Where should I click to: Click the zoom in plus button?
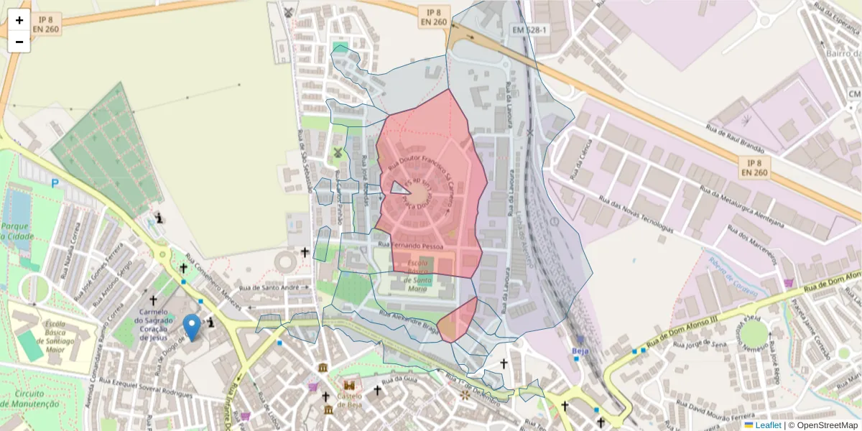(x=19, y=20)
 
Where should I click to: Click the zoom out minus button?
(x=19, y=42)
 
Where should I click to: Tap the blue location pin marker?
(x=192, y=328)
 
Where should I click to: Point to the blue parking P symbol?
(x=55, y=183)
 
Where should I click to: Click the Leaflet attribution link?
(x=768, y=425)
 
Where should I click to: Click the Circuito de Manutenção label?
(x=29, y=399)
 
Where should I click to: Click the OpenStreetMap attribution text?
(x=827, y=425)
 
